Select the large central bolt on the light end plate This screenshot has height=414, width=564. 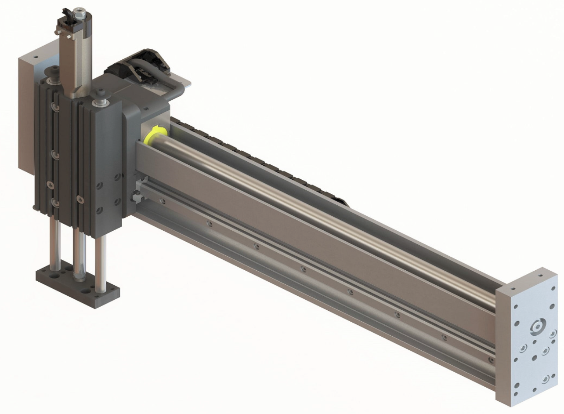(537, 327)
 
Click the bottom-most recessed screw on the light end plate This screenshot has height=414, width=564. (545, 379)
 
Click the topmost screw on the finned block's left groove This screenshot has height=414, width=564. (54, 108)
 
